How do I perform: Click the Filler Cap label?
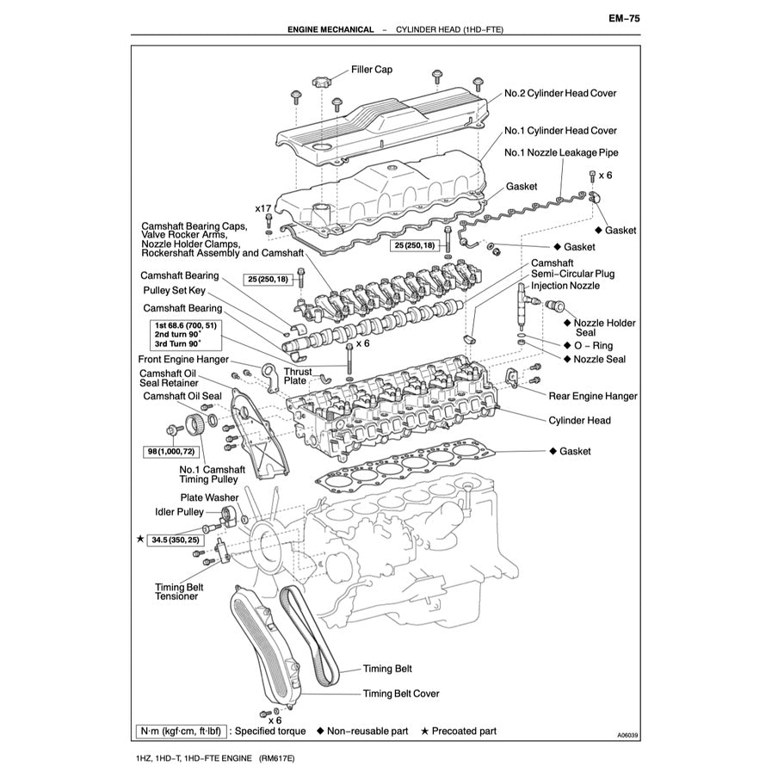[x=371, y=70]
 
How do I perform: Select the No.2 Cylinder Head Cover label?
[x=560, y=93]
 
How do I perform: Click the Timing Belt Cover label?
[x=401, y=694]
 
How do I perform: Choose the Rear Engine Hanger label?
[x=593, y=396]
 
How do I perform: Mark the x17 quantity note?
[x=263, y=209]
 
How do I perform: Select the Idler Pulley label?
[x=179, y=512]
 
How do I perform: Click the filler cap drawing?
[x=323, y=83]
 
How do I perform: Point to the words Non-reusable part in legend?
[x=367, y=732]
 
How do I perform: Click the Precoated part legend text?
[x=464, y=732]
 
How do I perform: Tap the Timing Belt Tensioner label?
[x=176, y=591]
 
